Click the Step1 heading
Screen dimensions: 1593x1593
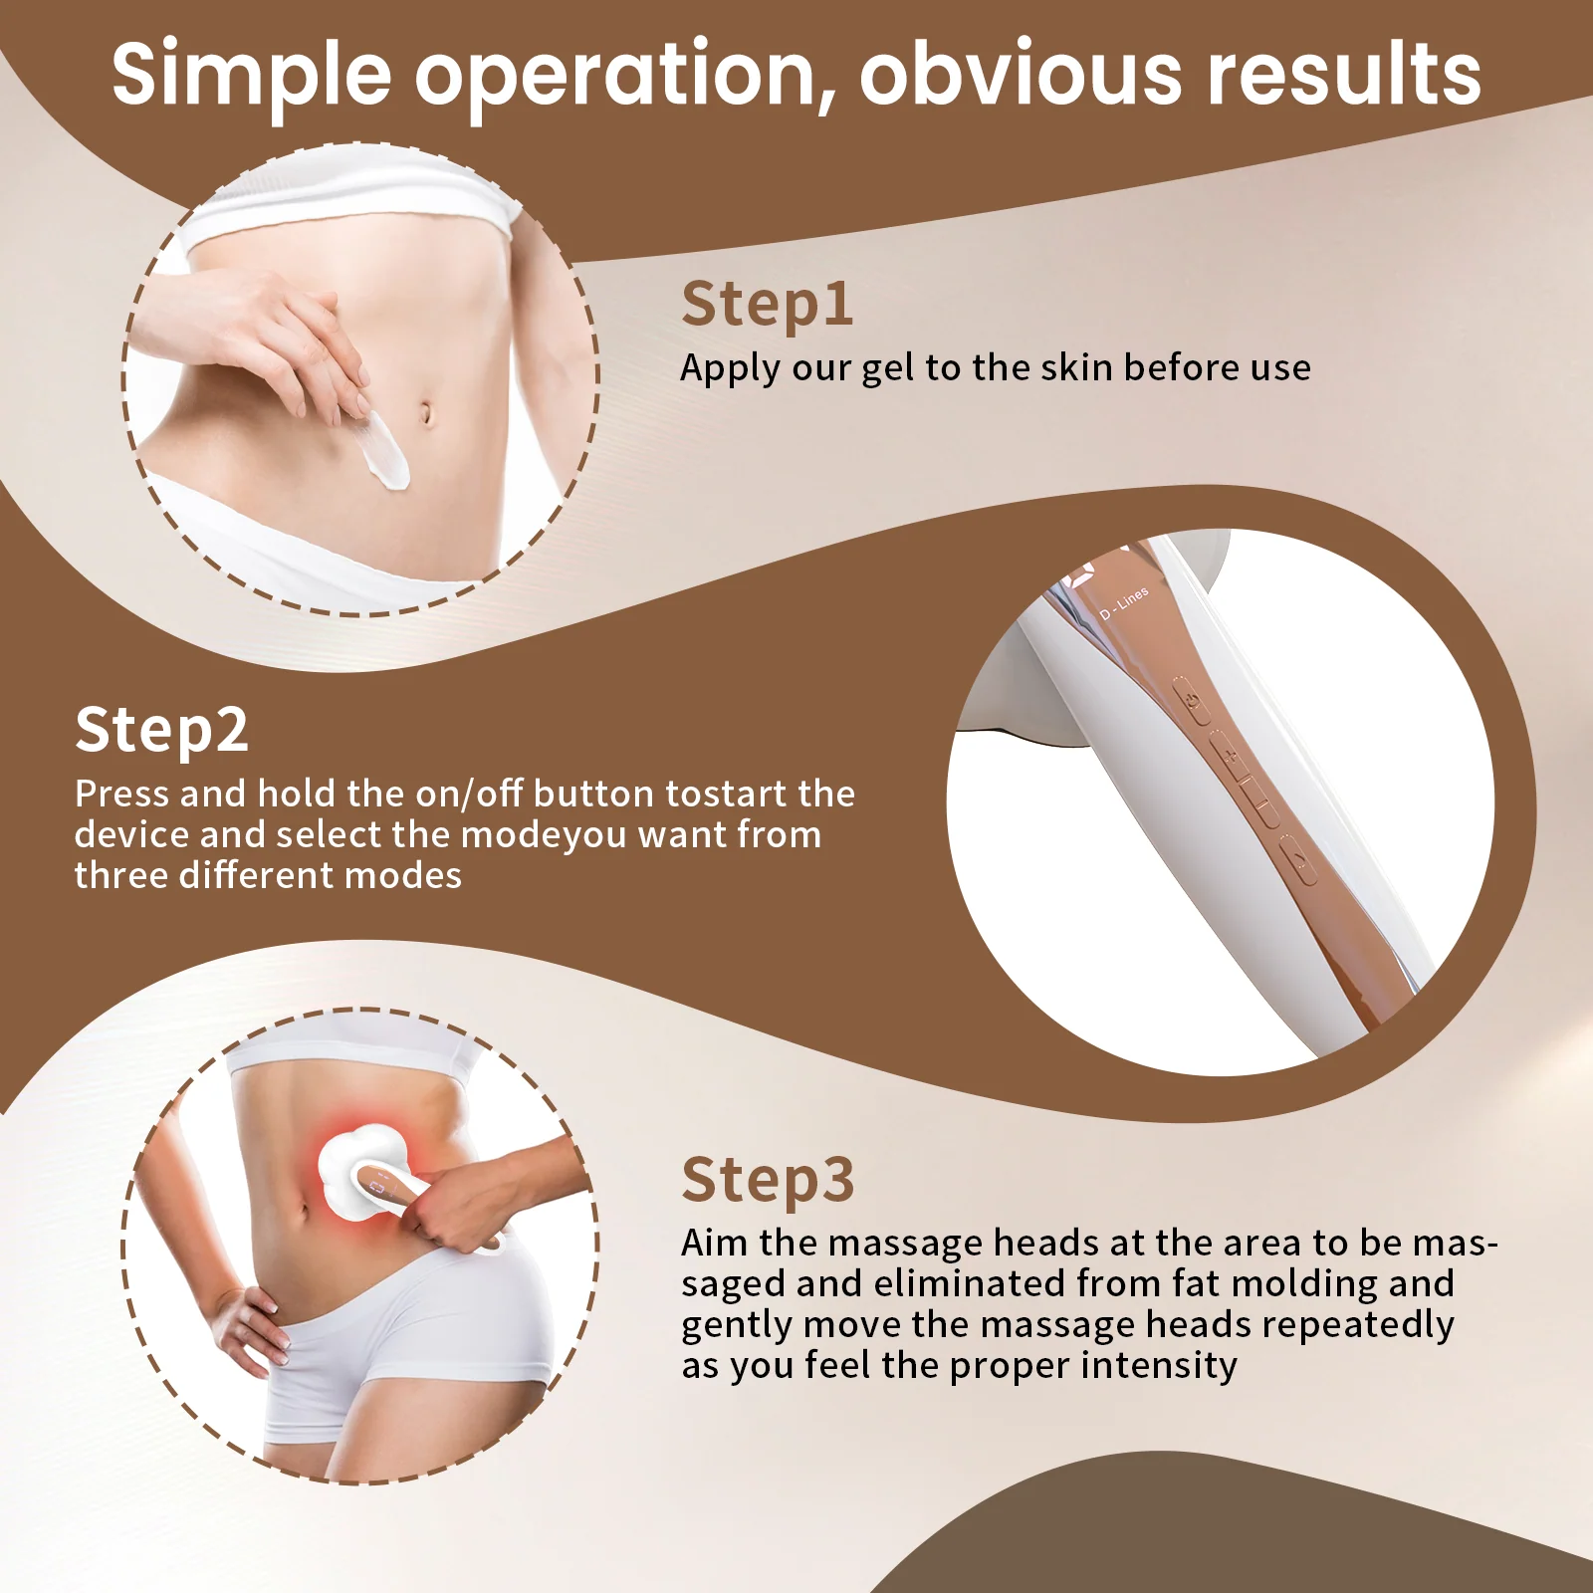point(767,305)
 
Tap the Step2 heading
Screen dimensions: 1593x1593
point(161,731)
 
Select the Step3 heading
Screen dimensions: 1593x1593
point(768,1181)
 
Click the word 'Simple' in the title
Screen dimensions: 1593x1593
point(252,76)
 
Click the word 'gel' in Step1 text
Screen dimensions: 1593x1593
point(887,369)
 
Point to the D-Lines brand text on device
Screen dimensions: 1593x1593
point(1125,603)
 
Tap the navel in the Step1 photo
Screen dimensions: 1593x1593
point(427,412)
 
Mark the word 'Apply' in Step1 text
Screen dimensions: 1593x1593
point(730,369)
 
